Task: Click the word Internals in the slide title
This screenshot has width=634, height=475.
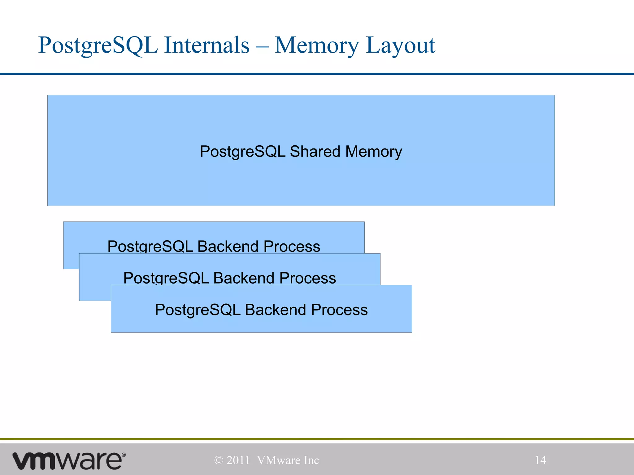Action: (x=206, y=45)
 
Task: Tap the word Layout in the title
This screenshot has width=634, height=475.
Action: (x=401, y=46)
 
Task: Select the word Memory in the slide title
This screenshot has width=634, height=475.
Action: (x=317, y=46)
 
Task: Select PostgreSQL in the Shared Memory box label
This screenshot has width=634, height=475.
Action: (x=242, y=152)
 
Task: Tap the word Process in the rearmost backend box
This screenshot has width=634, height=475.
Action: (x=292, y=246)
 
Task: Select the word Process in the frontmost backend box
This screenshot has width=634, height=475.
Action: (x=339, y=310)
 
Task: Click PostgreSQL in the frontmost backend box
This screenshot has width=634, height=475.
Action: (x=198, y=310)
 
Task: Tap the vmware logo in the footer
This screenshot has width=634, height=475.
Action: (x=69, y=460)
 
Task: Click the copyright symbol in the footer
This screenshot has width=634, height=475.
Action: (x=219, y=460)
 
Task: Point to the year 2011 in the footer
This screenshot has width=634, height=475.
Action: (x=238, y=460)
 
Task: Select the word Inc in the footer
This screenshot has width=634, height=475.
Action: (x=311, y=460)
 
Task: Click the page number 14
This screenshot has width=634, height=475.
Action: (x=541, y=460)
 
